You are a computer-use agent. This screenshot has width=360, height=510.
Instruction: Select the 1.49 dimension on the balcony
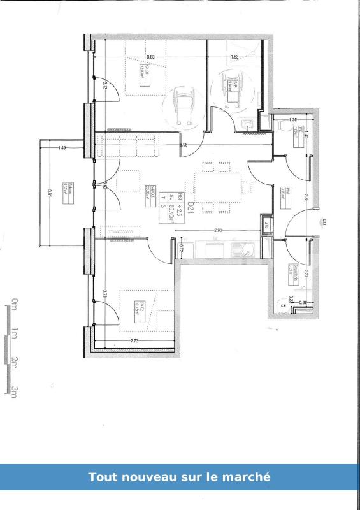(62, 148)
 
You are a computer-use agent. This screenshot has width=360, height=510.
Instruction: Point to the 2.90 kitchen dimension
(218, 230)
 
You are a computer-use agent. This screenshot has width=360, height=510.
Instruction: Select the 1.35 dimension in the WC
(292, 120)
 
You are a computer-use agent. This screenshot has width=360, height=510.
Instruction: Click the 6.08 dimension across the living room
(184, 145)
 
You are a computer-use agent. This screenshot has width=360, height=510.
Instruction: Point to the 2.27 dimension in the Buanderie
(306, 275)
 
